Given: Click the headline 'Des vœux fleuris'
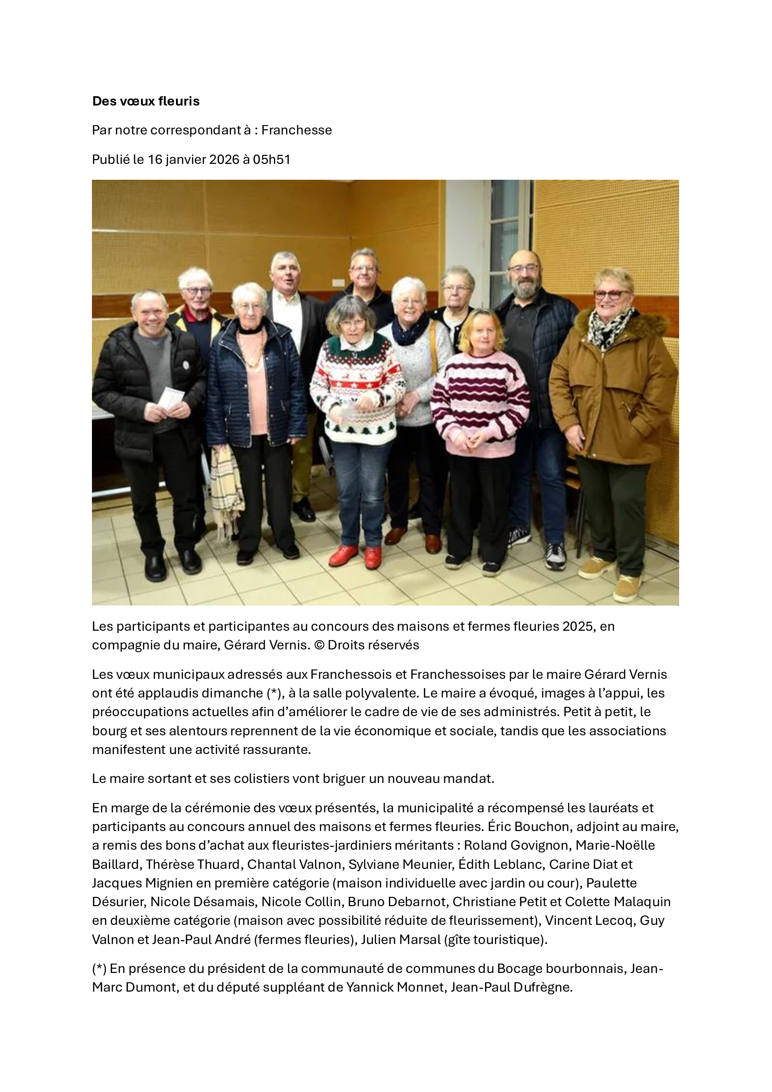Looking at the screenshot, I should click(146, 101).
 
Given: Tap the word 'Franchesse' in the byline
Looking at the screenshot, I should click(296, 130).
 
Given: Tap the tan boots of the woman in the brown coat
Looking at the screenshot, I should click(613, 578).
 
